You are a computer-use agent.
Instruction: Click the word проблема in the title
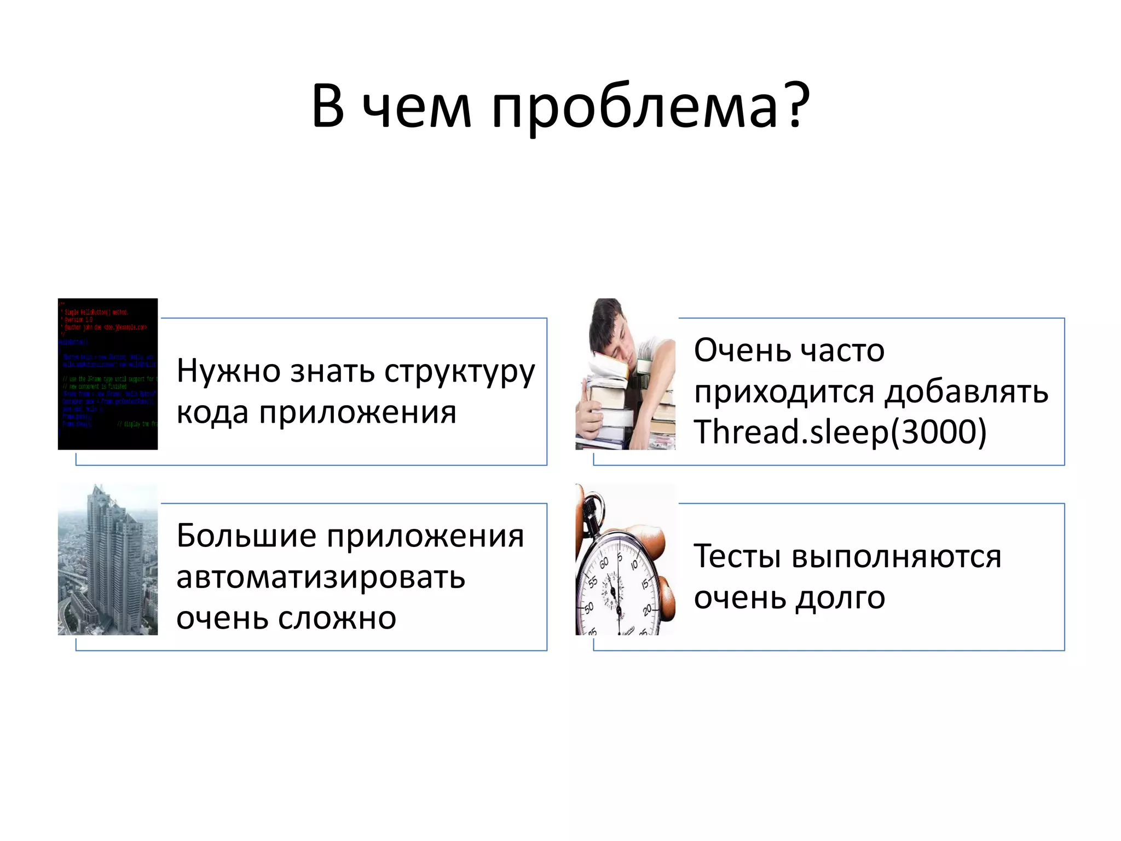coord(634,107)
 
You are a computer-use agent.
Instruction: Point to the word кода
coord(212,413)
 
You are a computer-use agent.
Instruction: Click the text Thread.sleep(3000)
coord(840,433)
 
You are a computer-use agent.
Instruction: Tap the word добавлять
coord(967,392)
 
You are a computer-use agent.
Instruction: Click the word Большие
coord(246,536)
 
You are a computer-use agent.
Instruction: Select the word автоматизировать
coord(321,578)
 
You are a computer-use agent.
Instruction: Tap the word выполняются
coord(897,557)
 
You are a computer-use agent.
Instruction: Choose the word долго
coord(840,598)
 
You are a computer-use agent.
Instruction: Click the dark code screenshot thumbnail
coord(108,374)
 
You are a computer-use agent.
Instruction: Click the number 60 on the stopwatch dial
coord(604,563)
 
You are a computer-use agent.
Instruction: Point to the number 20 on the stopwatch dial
coord(648,609)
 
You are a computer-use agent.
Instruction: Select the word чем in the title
coord(417,107)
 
